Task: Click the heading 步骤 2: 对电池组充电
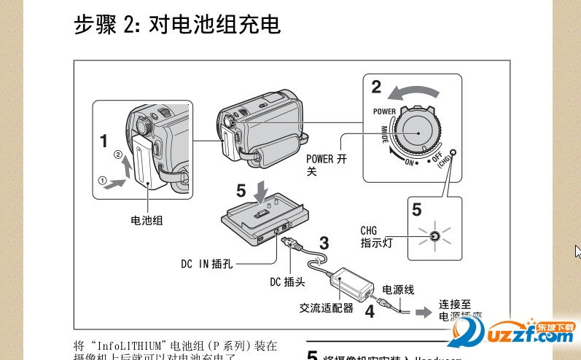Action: point(176,26)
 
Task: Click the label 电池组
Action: point(147,219)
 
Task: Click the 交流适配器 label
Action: point(326,308)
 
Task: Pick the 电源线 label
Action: point(398,290)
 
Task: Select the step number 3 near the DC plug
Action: point(324,243)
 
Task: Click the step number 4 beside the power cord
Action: point(370,311)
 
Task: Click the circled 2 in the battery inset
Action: point(118,154)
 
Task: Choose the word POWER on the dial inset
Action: point(384,111)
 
